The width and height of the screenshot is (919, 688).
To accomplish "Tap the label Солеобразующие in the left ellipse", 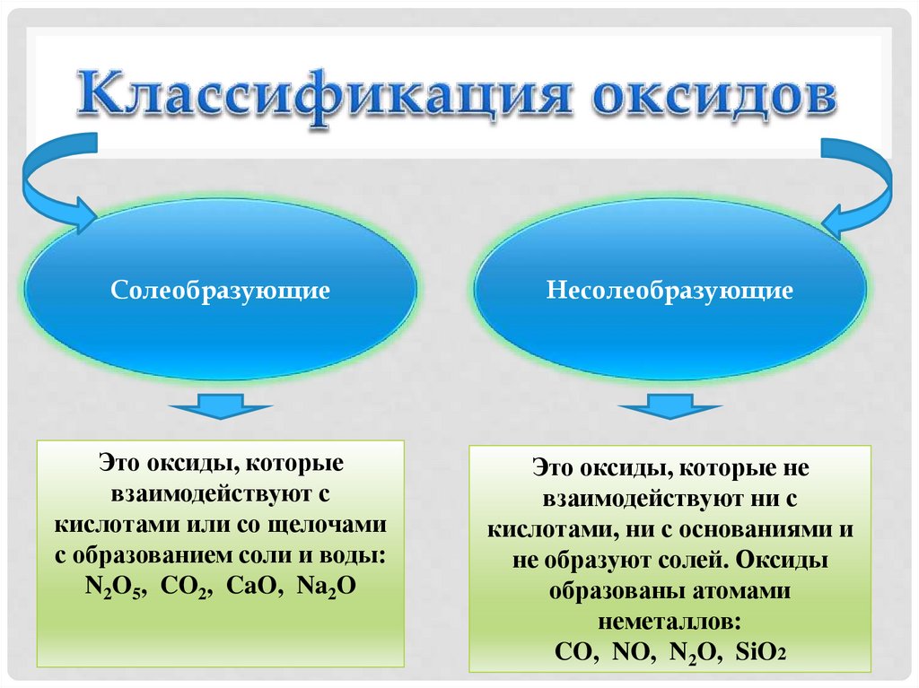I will coord(221,291).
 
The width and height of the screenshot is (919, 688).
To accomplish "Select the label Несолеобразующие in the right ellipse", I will coord(670,291).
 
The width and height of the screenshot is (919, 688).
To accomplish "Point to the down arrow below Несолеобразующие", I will coord(670,408).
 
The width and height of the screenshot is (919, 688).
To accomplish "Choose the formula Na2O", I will coord(328,587).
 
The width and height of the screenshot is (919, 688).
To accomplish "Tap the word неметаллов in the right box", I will coord(670,622).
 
